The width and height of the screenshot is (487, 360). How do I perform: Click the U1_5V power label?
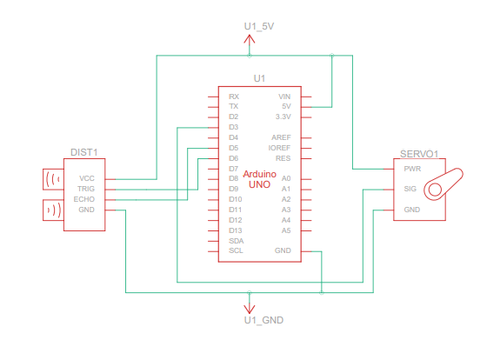[x=259, y=26]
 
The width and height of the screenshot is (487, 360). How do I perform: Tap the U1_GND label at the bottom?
[x=264, y=320]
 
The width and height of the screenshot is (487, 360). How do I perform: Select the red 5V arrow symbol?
[x=249, y=40]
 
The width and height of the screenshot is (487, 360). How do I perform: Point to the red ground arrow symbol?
[x=249, y=309]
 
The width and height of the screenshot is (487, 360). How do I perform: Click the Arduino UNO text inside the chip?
[x=260, y=179]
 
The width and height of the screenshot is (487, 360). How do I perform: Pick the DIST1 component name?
[x=84, y=152]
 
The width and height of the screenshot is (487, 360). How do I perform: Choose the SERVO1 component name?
[x=419, y=154]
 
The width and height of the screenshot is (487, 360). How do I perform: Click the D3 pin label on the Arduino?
[x=234, y=127]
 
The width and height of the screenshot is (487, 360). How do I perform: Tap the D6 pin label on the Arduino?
[x=234, y=158]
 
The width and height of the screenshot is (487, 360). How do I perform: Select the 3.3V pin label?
[x=284, y=117]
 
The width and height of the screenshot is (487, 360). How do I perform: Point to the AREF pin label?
[x=281, y=137]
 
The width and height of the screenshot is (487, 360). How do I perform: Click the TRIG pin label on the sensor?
[x=86, y=189]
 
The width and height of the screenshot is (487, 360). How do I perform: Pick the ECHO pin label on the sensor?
[x=84, y=199]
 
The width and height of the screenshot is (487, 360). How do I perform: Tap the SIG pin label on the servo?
[x=410, y=189]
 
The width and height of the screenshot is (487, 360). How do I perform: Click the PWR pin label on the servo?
[x=412, y=169]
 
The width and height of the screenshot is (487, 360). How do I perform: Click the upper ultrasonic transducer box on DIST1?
[x=53, y=179]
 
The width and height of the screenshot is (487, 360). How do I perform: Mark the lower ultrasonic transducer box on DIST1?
[x=53, y=210]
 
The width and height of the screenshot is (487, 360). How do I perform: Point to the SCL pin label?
[x=236, y=250]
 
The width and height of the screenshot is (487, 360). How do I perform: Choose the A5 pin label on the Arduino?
[x=286, y=230]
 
